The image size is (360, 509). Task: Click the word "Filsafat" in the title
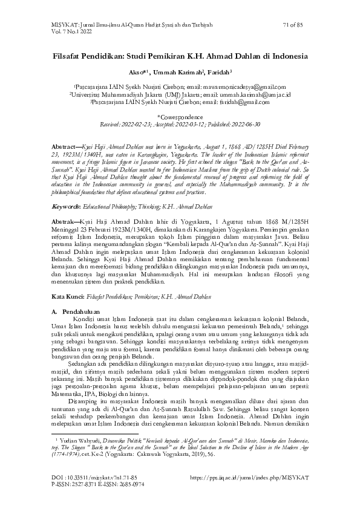[72, 54]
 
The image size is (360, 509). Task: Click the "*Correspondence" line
[180, 117]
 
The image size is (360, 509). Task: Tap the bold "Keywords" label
[67, 207]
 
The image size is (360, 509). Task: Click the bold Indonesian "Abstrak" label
[64, 223]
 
